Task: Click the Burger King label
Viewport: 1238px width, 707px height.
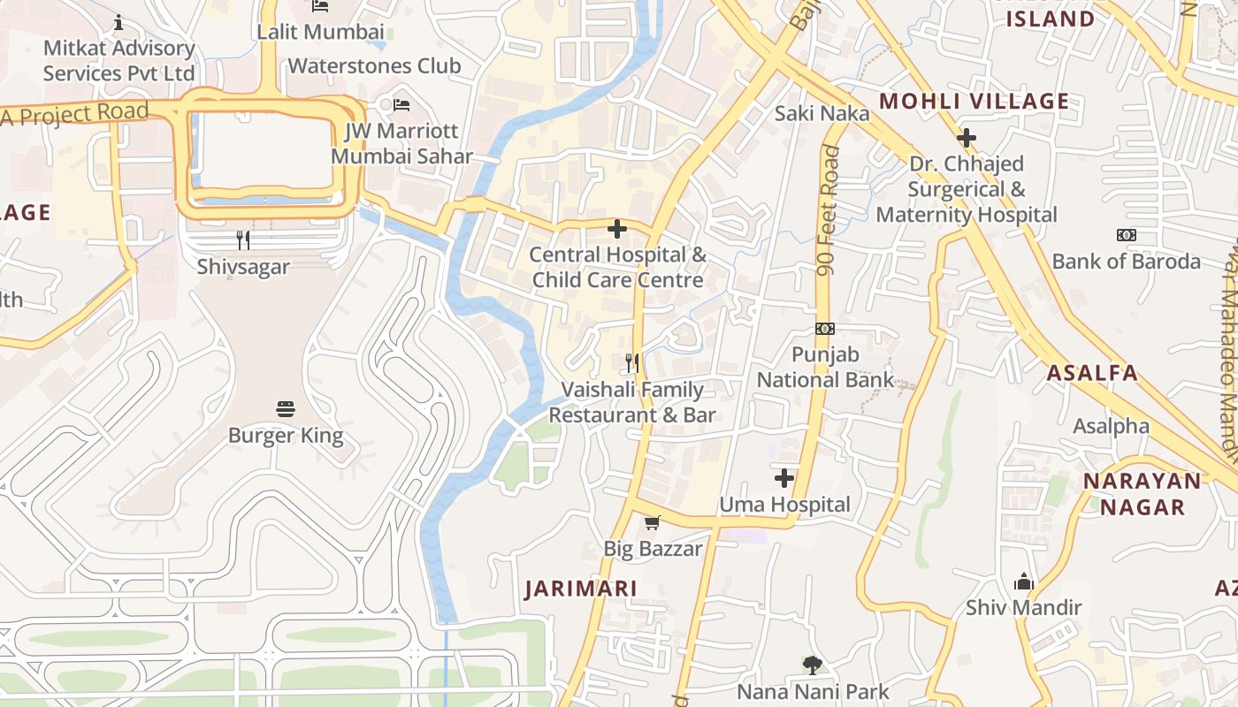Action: click(x=286, y=435)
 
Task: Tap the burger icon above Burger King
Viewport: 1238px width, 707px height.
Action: click(x=286, y=408)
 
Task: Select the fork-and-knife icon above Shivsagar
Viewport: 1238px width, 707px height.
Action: click(x=243, y=239)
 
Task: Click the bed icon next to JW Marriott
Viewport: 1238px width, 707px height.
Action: click(x=401, y=105)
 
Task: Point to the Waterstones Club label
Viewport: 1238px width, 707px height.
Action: click(x=374, y=66)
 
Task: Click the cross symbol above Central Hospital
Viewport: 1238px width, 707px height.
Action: click(x=617, y=229)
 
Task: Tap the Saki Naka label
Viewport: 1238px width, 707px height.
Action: click(x=822, y=113)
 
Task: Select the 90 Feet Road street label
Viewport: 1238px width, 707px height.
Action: click(x=829, y=210)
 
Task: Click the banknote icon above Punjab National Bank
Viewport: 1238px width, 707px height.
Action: click(x=824, y=329)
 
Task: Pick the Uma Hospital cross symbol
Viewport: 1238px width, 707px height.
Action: click(x=784, y=478)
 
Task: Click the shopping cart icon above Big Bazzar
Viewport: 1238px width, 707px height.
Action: click(x=653, y=522)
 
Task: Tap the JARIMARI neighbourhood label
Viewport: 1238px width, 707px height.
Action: click(x=581, y=589)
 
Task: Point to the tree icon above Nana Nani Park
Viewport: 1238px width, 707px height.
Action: click(x=812, y=665)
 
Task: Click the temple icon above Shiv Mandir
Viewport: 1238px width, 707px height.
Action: click(x=1024, y=582)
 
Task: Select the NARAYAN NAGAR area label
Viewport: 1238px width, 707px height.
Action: click(x=1142, y=494)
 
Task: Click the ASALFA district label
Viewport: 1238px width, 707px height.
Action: click(x=1092, y=373)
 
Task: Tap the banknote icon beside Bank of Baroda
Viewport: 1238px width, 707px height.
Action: click(x=1126, y=235)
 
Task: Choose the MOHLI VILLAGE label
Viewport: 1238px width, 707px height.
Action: click(x=974, y=102)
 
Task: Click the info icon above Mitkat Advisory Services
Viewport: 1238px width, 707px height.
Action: click(x=118, y=22)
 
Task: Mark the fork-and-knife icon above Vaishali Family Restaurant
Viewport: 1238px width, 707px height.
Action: click(x=632, y=362)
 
